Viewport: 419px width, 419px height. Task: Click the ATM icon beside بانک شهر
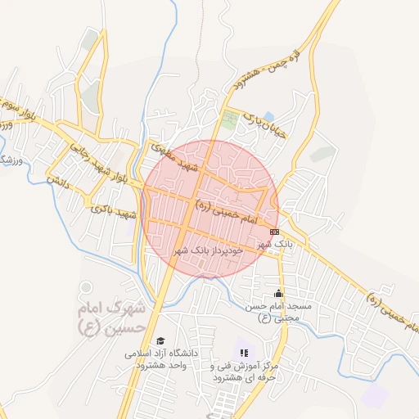click(273, 232)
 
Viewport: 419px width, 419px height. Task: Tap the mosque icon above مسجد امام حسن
click(279, 293)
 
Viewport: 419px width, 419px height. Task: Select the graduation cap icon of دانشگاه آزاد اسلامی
click(160, 340)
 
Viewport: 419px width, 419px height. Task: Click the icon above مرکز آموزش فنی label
click(243, 352)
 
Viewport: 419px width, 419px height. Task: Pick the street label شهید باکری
click(115, 211)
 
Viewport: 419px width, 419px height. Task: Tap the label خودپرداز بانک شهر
click(209, 250)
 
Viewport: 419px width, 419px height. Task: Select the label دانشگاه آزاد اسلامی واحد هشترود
click(162, 359)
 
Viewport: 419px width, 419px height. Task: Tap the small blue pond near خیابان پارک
click(269, 116)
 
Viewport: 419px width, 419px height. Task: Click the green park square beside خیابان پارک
click(230, 119)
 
